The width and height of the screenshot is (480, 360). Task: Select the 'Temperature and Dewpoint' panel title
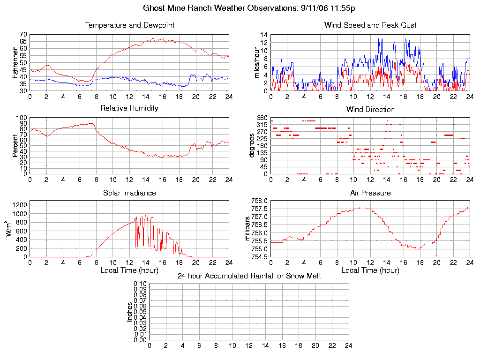pyautogui.click(x=129, y=25)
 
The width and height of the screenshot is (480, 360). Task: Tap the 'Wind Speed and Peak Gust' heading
pyautogui.click(x=370, y=25)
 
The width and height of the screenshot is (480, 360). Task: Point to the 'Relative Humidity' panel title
pyautogui.click(x=129, y=108)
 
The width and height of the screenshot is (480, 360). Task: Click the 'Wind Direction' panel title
pyautogui.click(x=370, y=110)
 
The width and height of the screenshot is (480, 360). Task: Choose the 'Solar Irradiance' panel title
pyautogui.click(x=129, y=193)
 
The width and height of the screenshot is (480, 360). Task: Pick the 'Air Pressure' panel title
pyautogui.click(x=370, y=193)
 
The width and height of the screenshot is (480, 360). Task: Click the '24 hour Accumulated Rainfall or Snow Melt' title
pyautogui.click(x=249, y=276)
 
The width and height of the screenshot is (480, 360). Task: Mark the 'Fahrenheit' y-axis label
pyautogui.click(x=15, y=62)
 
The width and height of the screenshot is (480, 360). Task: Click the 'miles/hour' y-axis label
pyautogui.click(x=256, y=62)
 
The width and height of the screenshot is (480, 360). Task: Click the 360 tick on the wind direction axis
pyautogui.click(x=262, y=118)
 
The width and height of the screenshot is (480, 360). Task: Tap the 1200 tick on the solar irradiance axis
pyautogui.click(x=21, y=205)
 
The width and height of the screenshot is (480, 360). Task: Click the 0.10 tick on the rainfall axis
pyautogui.click(x=140, y=284)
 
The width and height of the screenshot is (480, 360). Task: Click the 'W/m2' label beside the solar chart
pyautogui.click(x=10, y=229)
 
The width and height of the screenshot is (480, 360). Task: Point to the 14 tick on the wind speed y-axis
pyautogui.click(x=264, y=35)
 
